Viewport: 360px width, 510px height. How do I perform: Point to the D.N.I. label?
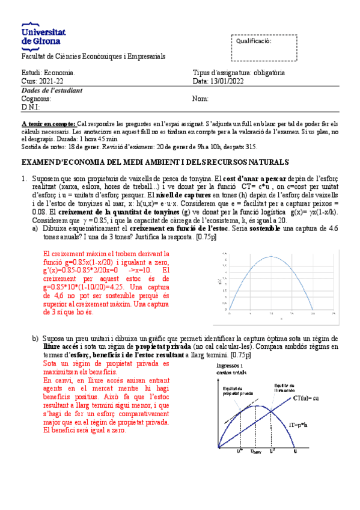[x=31, y=107]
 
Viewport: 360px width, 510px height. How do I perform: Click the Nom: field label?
[x=200, y=99]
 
